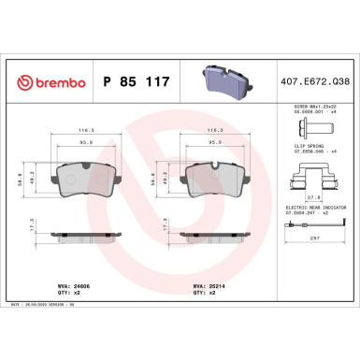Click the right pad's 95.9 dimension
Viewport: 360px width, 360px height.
(217, 142)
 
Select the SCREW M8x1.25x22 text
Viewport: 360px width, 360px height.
(313, 108)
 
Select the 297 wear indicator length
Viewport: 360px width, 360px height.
(313, 238)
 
